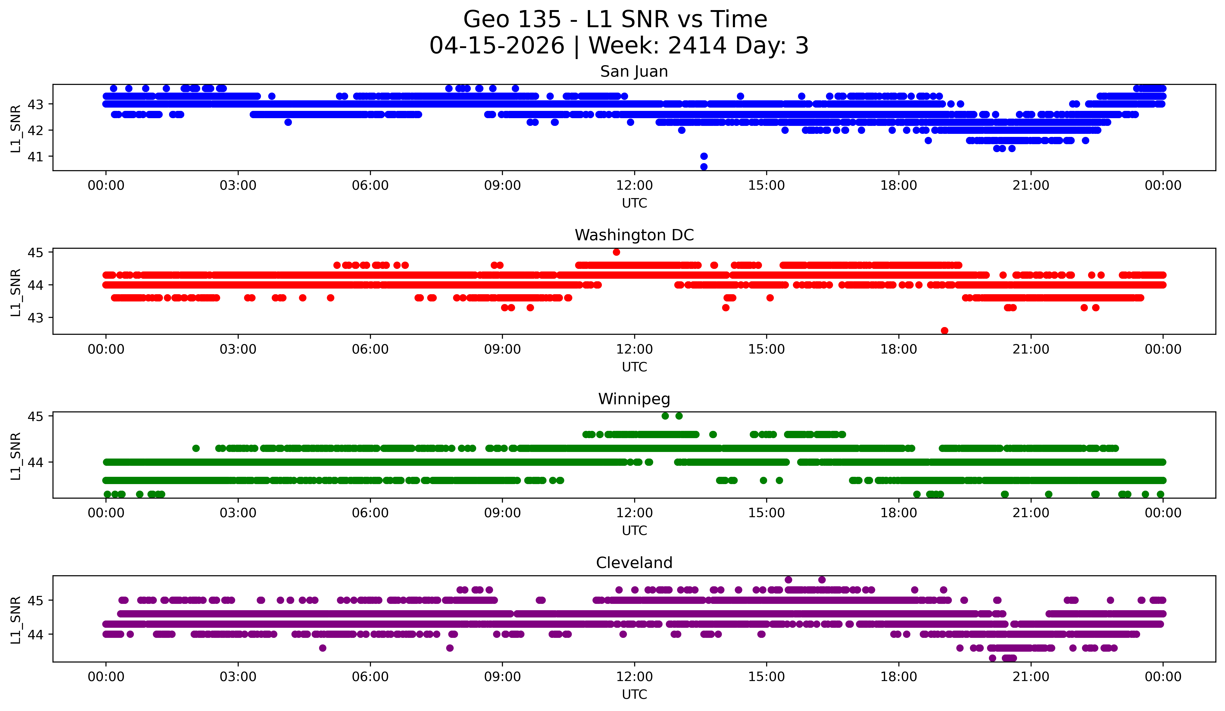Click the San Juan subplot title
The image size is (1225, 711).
pyautogui.click(x=634, y=71)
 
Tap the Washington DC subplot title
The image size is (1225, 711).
pyautogui.click(x=634, y=235)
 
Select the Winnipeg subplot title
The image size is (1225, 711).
pyautogui.click(x=634, y=399)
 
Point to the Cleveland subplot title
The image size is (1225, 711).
pyautogui.click(x=634, y=563)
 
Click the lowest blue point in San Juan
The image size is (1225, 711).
pyautogui.click(x=703, y=167)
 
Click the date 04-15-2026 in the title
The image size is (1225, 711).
pyautogui.click(x=497, y=46)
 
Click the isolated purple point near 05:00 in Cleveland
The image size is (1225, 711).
pyautogui.click(x=322, y=648)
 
